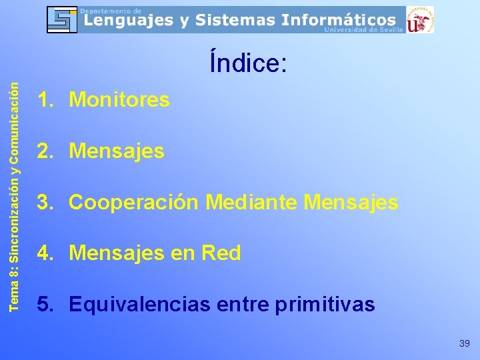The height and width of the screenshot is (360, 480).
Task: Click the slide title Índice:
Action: click(248, 63)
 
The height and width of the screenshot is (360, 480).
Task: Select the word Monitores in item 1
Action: click(119, 101)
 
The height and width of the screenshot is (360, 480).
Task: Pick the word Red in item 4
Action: click(221, 253)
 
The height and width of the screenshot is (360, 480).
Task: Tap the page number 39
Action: click(465, 343)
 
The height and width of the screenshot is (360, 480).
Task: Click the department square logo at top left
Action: click(62, 19)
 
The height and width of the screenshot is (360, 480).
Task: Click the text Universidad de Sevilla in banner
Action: click(363, 30)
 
